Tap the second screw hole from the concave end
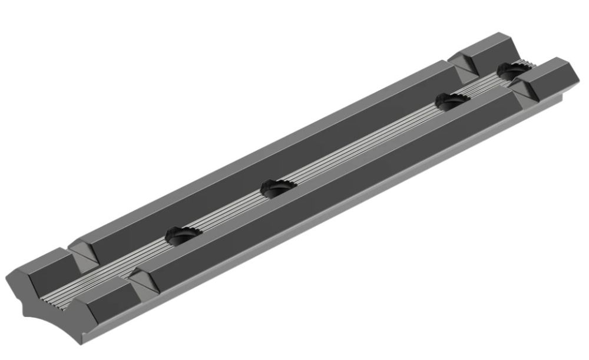tap(277, 189)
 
